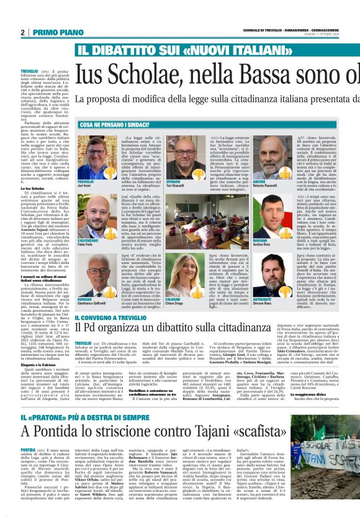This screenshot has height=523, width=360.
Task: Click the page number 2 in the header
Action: tap(22, 32)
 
